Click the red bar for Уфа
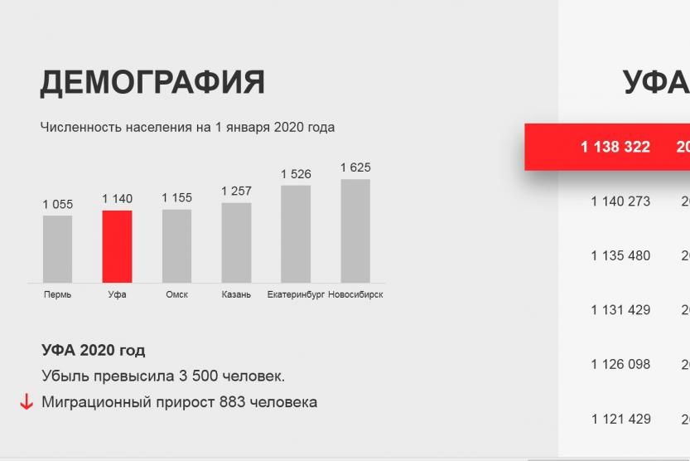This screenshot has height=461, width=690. pyautogui.click(x=117, y=246)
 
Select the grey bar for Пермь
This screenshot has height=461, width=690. pyautogui.click(x=58, y=250)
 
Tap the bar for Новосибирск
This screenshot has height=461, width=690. pyautogui.click(x=355, y=230)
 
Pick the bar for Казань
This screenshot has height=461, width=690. pyautogui.click(x=236, y=243)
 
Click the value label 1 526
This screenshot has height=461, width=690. pyautogui.click(x=297, y=174)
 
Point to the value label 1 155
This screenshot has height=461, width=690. pyautogui.click(x=177, y=197)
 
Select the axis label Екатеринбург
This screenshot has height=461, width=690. pyautogui.click(x=296, y=294)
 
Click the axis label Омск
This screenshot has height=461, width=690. pyautogui.click(x=177, y=294)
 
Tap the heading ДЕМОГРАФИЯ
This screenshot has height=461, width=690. pyautogui.click(x=152, y=82)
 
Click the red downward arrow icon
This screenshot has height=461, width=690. pyautogui.click(x=27, y=402)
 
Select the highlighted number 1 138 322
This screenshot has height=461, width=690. pyautogui.click(x=615, y=147)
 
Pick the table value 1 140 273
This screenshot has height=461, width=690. pyautogui.click(x=620, y=201)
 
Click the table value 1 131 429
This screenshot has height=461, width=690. pyautogui.click(x=620, y=310)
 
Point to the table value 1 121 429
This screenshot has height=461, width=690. pyautogui.click(x=620, y=419)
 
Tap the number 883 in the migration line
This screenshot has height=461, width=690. pyautogui.click(x=232, y=402)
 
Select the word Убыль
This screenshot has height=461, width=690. pyautogui.click(x=65, y=376)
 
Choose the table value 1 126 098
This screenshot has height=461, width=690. pyautogui.click(x=620, y=364)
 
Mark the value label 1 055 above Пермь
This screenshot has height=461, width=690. pyautogui.click(x=58, y=204)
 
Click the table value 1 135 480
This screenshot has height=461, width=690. pyautogui.click(x=620, y=255)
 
